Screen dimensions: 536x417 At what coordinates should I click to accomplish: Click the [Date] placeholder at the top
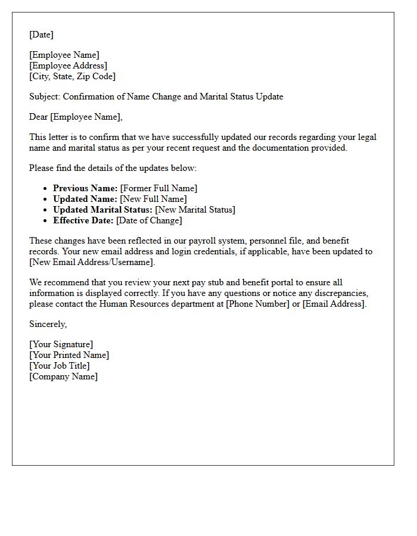pyautogui.click(x=41, y=35)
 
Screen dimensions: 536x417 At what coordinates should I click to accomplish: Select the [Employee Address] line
pyautogui.click(x=68, y=66)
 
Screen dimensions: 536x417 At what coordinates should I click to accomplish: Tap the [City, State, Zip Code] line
pyautogui.click(x=72, y=76)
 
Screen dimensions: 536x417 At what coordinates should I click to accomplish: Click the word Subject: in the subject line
pyautogui.click(x=45, y=96)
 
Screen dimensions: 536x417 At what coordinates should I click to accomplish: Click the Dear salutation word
pyautogui.click(x=38, y=117)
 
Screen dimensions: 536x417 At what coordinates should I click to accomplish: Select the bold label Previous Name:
pyautogui.click(x=85, y=188)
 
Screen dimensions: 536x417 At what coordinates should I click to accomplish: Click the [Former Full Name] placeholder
pyautogui.click(x=158, y=188)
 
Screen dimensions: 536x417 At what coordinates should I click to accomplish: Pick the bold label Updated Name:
pyautogui.click(x=85, y=199)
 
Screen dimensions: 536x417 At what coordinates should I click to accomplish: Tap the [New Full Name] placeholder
pyautogui.click(x=153, y=199)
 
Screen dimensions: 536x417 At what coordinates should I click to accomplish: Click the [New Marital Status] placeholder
pyautogui.click(x=195, y=210)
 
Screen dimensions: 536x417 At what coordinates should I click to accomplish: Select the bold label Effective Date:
pyautogui.click(x=83, y=220)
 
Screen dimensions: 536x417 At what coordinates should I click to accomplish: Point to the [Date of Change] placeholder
pyautogui.click(x=149, y=220)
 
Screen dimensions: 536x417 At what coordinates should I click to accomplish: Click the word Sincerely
pyautogui.click(x=48, y=324)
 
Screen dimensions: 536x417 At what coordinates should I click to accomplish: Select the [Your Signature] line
pyautogui.click(x=61, y=344)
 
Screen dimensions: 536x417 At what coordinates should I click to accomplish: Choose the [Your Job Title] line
pyautogui.click(x=59, y=366)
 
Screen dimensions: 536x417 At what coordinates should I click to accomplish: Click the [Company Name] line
pyautogui.click(x=63, y=376)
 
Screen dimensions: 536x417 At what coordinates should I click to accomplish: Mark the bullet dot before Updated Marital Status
pyautogui.click(x=46, y=210)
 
